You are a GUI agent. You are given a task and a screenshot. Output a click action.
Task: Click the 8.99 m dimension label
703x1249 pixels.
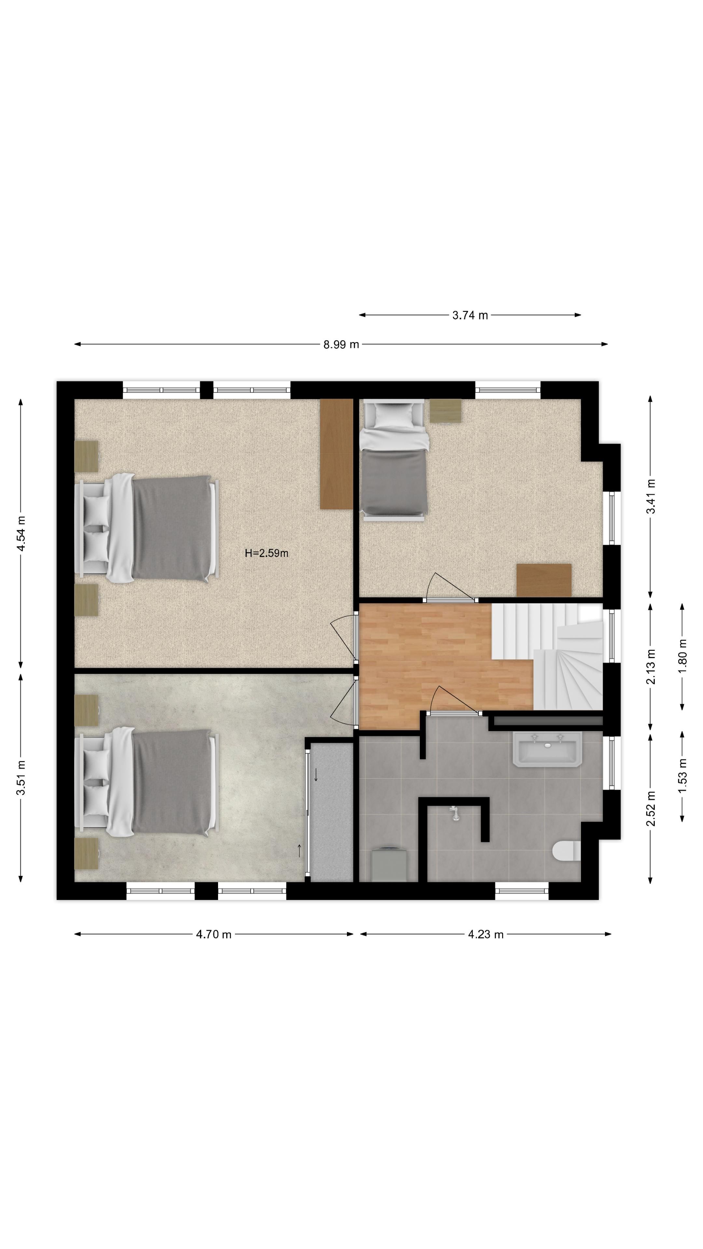pos(341,344)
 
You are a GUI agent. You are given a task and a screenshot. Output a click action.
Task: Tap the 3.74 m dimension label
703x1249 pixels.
pos(470,315)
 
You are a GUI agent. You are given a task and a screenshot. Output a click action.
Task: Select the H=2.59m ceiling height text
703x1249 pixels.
pos(266,553)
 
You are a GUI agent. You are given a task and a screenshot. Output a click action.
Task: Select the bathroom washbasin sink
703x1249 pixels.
pos(547,749)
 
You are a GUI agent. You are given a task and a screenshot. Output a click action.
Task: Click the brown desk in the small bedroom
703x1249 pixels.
pos(544,580)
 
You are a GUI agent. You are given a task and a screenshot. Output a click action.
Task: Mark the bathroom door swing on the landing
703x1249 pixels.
pos(454,701)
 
